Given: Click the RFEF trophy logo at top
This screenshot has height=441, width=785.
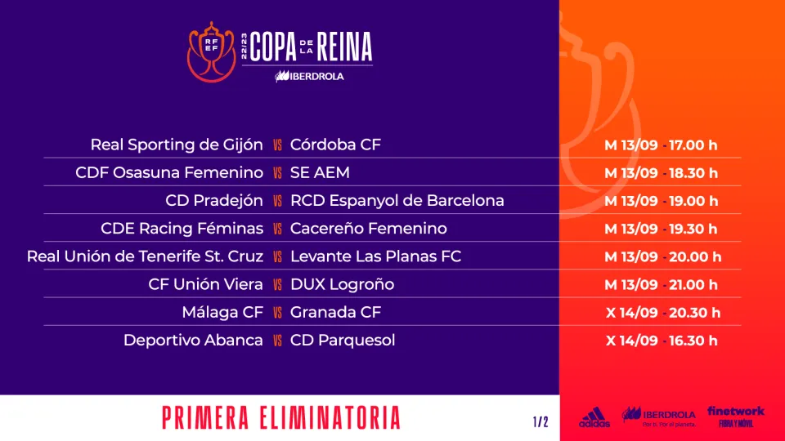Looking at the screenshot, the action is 211,52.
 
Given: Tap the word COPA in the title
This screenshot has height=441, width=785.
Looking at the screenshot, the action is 273,47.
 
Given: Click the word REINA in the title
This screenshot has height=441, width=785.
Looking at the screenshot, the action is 344,47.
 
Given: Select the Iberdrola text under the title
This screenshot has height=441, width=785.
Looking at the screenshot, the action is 309,77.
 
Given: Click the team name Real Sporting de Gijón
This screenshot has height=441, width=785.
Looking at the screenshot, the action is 177,145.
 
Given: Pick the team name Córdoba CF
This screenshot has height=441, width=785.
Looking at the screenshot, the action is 335,145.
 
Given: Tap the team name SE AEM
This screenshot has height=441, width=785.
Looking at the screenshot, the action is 320,173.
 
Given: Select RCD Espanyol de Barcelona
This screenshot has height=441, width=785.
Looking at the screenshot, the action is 397,201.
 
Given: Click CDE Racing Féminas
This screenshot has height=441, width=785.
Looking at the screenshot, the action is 182,229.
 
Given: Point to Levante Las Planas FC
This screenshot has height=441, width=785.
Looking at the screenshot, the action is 375,256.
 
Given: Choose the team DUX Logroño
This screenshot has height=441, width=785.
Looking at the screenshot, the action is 343,284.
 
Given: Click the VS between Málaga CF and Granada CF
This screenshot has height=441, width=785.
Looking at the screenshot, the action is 277,313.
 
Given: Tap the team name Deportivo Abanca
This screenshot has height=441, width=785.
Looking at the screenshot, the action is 193,341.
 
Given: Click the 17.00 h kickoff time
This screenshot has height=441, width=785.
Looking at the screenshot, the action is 693,145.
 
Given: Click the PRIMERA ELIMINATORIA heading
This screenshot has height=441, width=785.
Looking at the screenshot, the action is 281,418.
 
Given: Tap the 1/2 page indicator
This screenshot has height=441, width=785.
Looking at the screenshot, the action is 541,422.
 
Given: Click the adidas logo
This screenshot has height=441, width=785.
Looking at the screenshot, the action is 594,417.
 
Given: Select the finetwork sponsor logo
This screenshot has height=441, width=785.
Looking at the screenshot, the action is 736,416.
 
